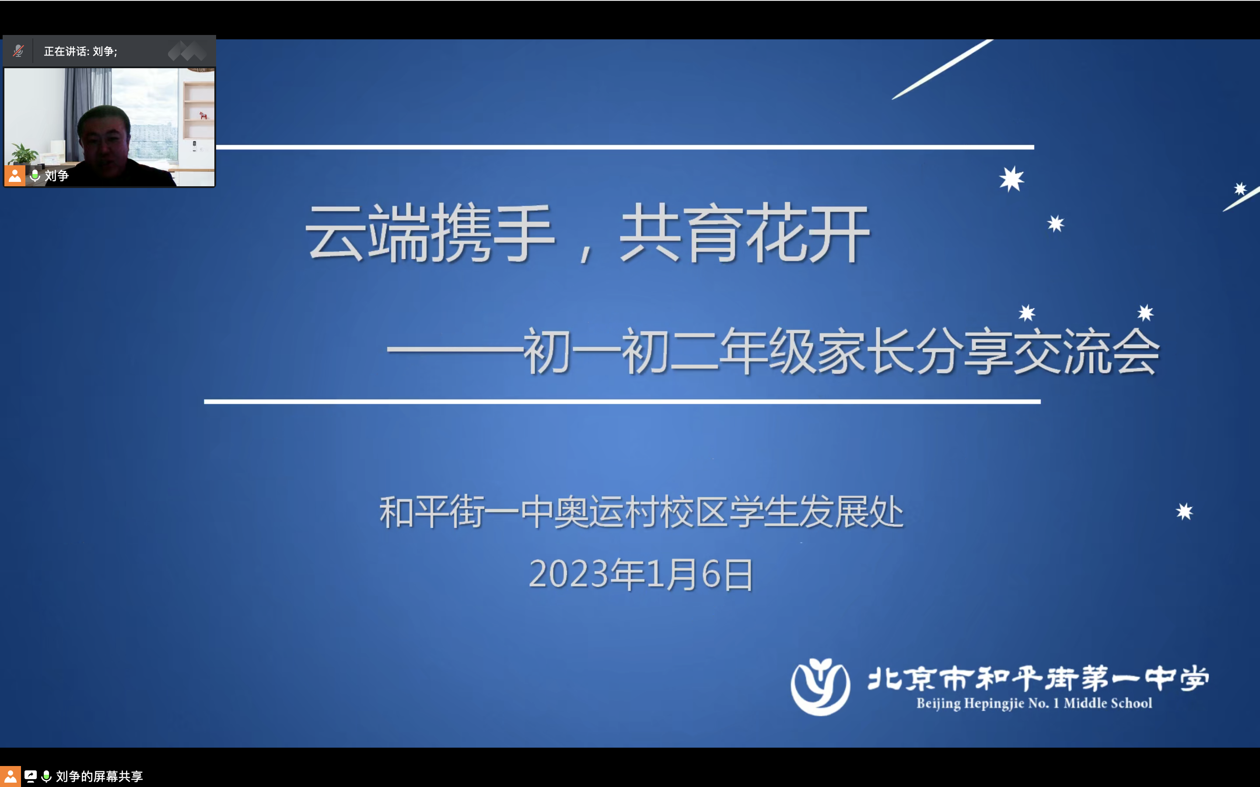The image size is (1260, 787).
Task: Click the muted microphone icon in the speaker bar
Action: pyautogui.click(x=18, y=51)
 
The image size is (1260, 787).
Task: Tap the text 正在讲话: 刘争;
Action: pyautogui.click(x=80, y=51)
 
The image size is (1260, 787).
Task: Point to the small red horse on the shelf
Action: pyautogui.click(x=203, y=115)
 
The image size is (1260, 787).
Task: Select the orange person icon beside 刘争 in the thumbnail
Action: pyautogui.click(x=14, y=176)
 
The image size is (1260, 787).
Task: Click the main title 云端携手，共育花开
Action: pyautogui.click(x=587, y=232)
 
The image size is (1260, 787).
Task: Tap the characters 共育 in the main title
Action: pyautogui.click(x=680, y=232)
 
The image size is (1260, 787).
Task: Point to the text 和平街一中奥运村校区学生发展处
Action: pyautogui.click(x=641, y=512)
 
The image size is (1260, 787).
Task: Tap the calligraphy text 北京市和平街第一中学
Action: pyautogui.click(x=1038, y=678)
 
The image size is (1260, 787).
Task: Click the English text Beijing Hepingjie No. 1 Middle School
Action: pyautogui.click(x=1034, y=703)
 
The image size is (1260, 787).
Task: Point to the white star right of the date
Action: pyautogui.click(x=1184, y=512)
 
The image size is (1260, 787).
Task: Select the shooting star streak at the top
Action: pyautogui.click(x=942, y=69)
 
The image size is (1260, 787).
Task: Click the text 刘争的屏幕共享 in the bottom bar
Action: pyautogui.click(x=99, y=777)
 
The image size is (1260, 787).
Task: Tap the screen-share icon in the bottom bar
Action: pyautogui.click(x=31, y=777)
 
